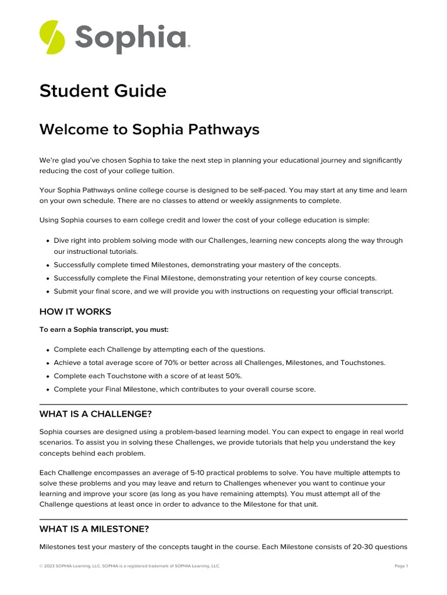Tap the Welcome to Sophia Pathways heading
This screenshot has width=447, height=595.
click(x=149, y=130)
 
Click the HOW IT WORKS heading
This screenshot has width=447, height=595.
click(x=75, y=312)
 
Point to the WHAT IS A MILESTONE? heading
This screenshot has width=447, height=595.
click(x=94, y=529)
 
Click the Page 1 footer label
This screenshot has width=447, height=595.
click(x=401, y=566)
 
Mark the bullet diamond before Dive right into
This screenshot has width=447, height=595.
click(x=47, y=241)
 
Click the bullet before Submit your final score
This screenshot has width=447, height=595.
click(x=47, y=292)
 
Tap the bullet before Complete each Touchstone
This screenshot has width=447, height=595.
click(x=47, y=377)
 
